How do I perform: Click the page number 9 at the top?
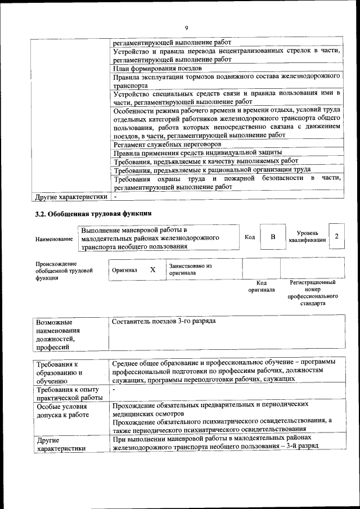pos(186,28)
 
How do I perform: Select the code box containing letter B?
pos(273,237)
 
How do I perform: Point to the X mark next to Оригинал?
pos(152,270)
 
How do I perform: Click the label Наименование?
pos(54,239)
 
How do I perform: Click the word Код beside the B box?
pos(250,237)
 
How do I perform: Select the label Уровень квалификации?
pos(307,236)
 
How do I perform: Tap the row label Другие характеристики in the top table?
pos(71,197)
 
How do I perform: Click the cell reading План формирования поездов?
pos(154,69)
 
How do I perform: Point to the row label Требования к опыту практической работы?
pos(67,394)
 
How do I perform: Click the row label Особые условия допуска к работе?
pos(62,411)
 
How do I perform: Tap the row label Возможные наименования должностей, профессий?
pos(58,335)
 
